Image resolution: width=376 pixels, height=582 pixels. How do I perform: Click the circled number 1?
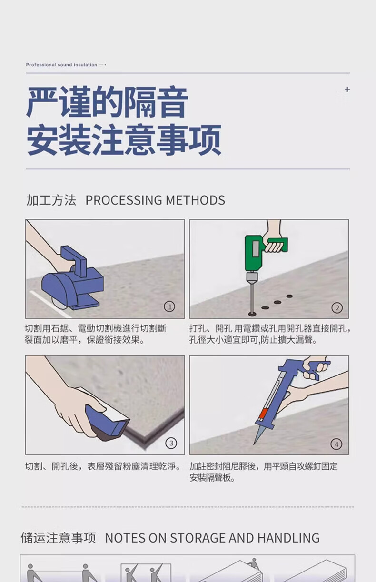click(x=169, y=306)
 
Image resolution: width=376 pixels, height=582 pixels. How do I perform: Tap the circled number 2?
click(x=337, y=308)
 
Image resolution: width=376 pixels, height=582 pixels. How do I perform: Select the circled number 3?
click(x=171, y=443)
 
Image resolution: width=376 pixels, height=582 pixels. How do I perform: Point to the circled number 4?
click(x=336, y=444)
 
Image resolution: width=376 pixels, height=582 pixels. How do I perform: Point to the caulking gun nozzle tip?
click(x=254, y=444)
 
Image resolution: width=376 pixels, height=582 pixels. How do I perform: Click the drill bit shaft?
click(x=251, y=298)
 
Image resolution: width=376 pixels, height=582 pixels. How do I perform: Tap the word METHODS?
click(x=195, y=200)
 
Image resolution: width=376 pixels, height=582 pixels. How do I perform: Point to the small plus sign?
click(x=347, y=89)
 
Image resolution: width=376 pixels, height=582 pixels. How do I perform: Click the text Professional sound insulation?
click(x=61, y=65)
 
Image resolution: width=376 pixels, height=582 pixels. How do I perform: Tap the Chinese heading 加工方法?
click(x=51, y=200)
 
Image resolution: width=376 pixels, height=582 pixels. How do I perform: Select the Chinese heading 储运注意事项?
click(x=58, y=538)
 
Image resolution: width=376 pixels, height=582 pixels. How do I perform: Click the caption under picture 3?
click(x=103, y=466)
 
